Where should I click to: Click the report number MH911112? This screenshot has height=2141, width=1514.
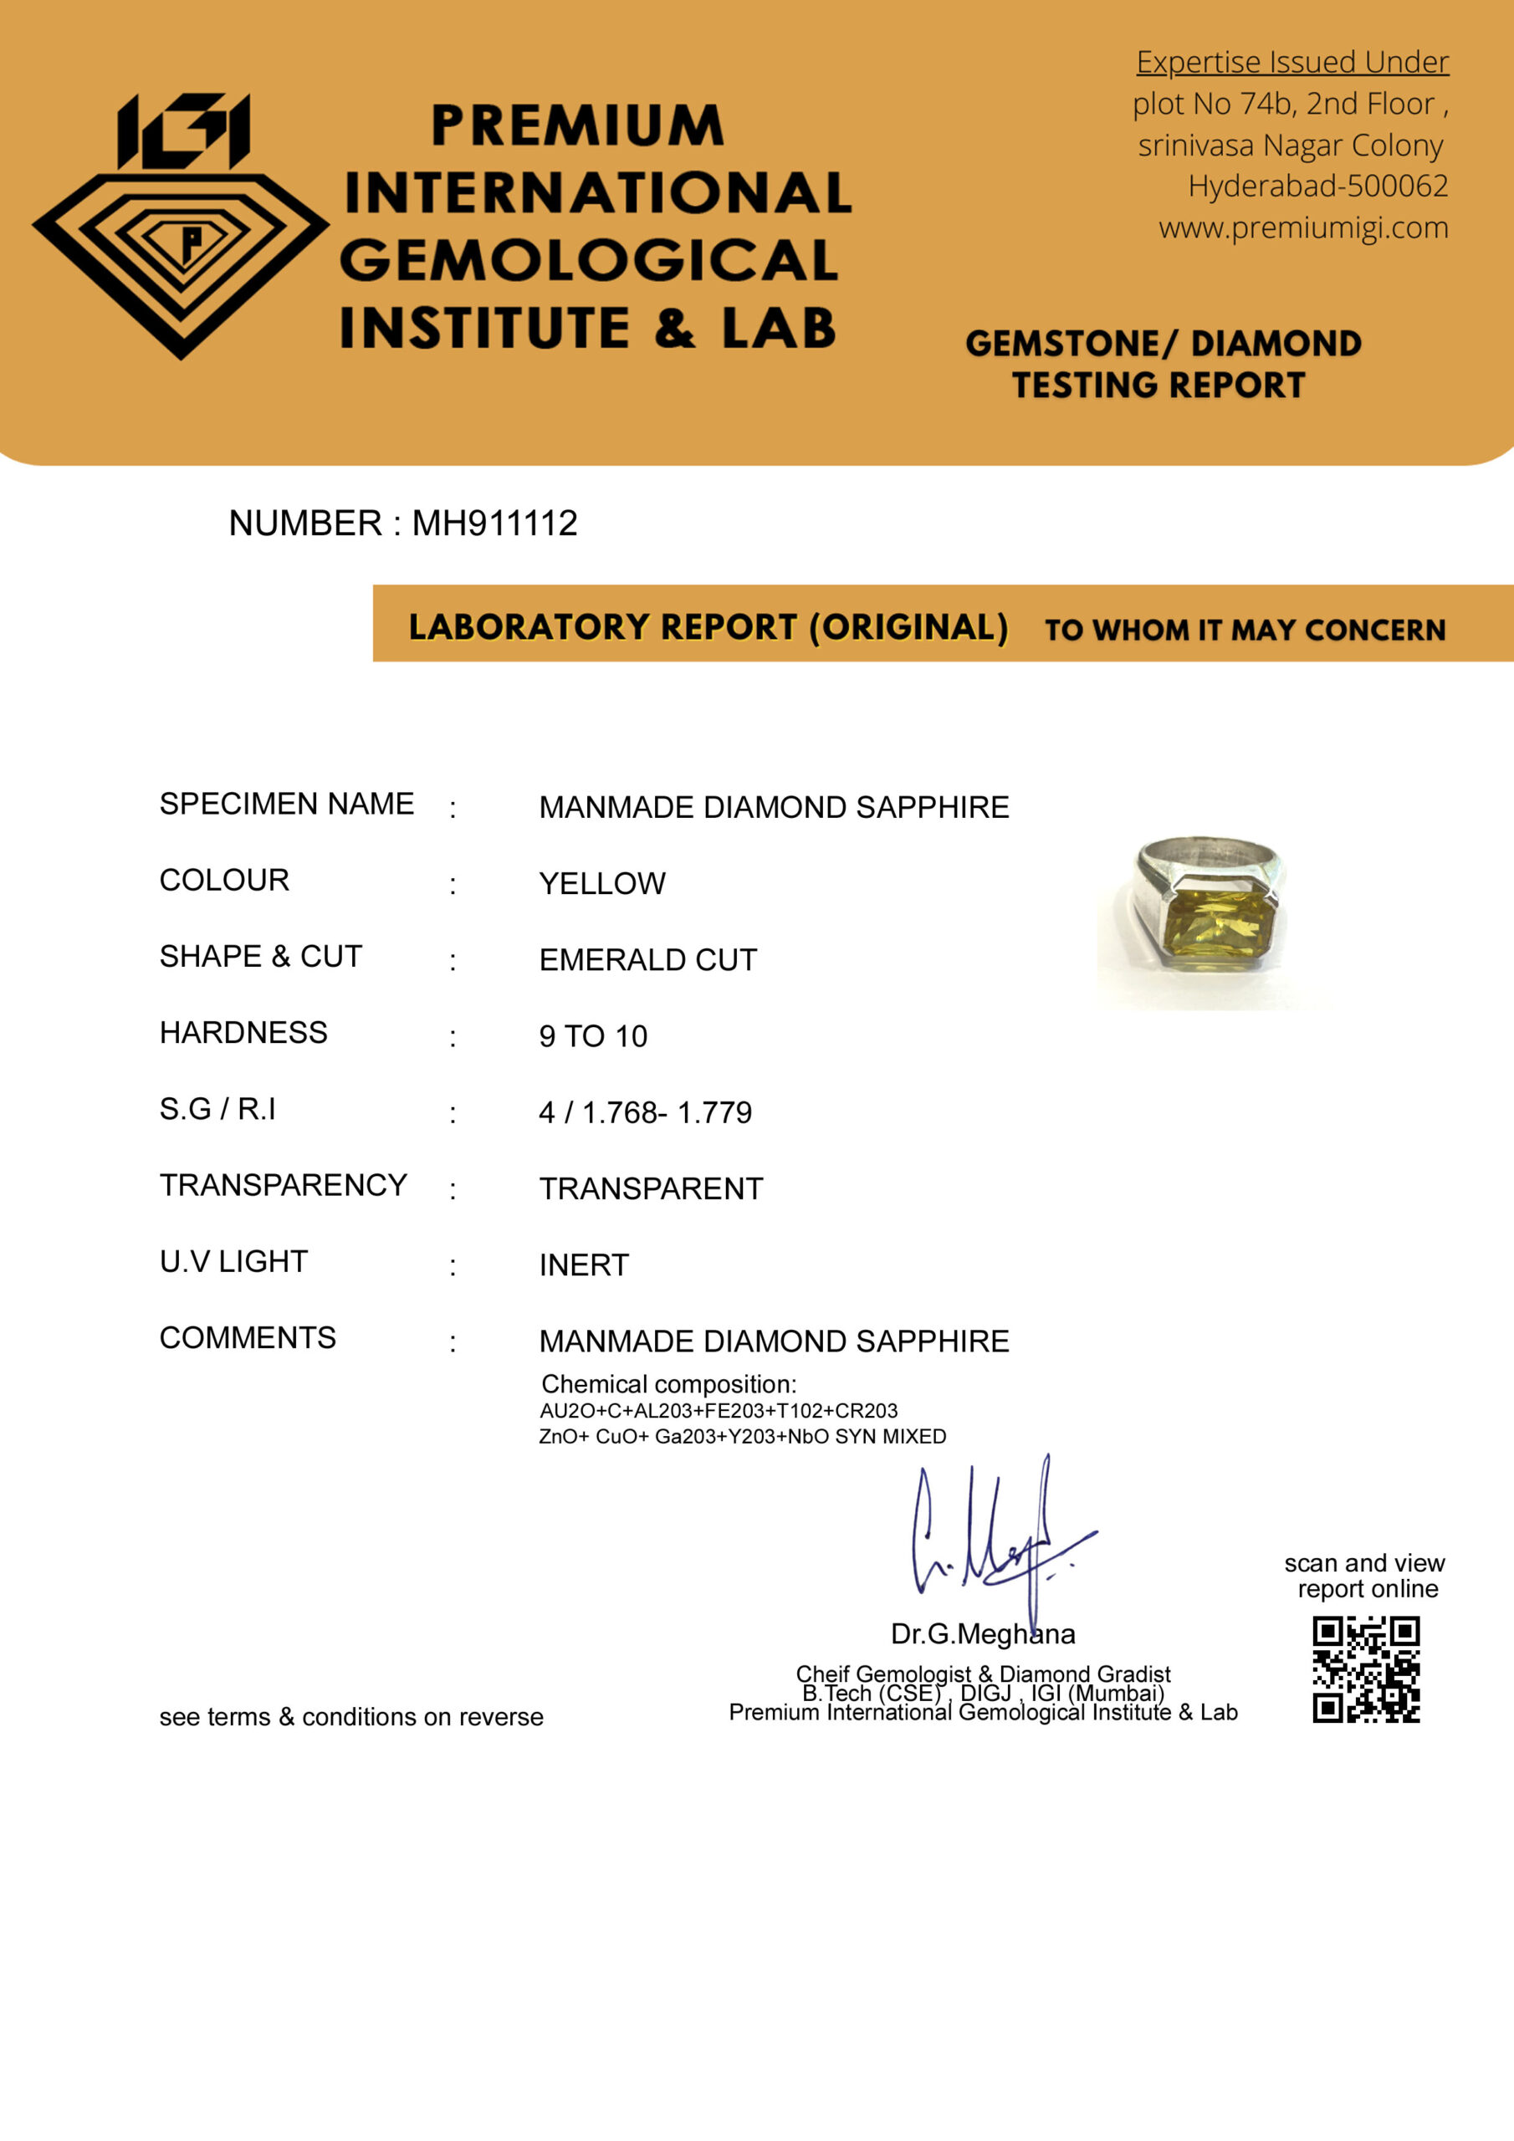[494, 524]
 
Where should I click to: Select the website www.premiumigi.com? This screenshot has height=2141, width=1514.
[1303, 228]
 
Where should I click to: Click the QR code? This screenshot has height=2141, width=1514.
[1366, 1670]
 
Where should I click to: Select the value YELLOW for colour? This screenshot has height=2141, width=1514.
[601, 884]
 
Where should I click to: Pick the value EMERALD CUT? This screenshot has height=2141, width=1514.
[647, 960]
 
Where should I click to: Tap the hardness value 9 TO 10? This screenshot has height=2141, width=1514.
[592, 1037]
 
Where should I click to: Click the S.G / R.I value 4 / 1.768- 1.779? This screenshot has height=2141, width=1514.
[645, 1113]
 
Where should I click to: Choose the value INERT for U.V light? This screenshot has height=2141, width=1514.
[584, 1265]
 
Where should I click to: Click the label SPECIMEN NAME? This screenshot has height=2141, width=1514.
[286, 804]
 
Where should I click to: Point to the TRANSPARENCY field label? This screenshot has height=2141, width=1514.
[283, 1185]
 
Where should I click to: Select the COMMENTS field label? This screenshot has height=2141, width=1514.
[248, 1338]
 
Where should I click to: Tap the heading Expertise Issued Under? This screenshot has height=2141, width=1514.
[1292, 63]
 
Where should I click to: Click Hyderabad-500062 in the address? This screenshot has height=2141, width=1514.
[1317, 187]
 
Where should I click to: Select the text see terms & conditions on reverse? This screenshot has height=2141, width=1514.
[350, 1717]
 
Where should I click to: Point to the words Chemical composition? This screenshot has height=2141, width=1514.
[667, 1385]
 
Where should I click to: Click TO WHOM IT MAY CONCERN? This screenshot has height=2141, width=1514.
[1245, 631]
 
